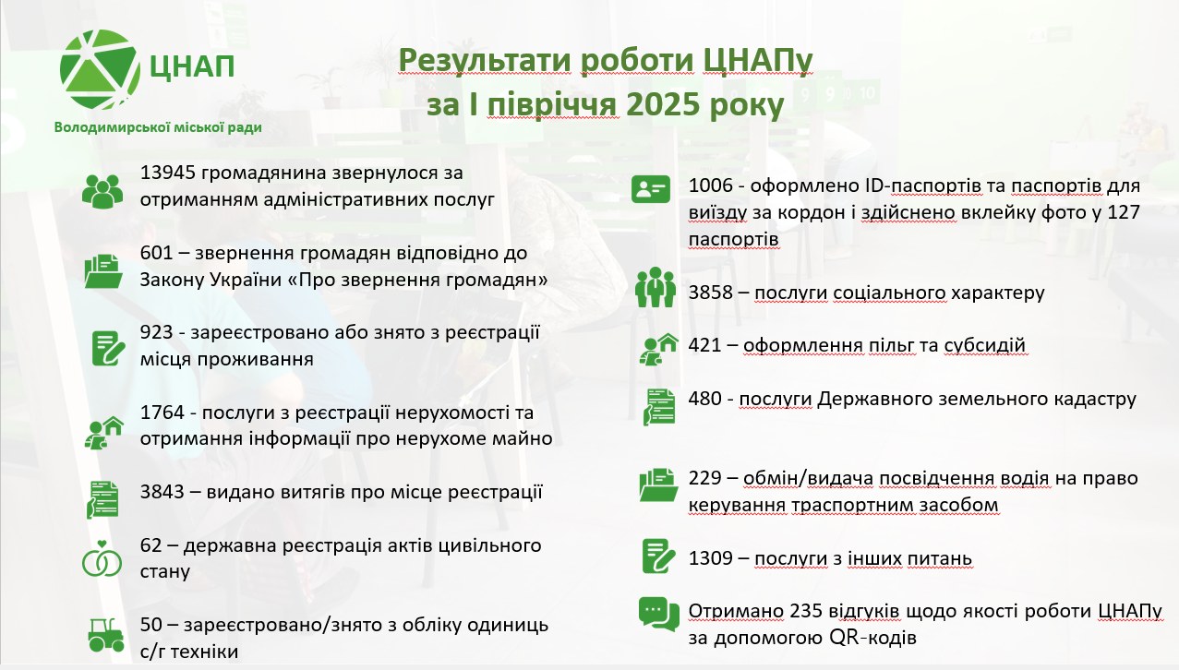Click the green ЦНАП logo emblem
point(100,69)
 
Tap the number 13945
point(168,173)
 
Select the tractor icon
point(106,635)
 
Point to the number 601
point(156,253)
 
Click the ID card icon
point(651,189)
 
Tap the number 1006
point(711,185)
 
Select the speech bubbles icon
point(659,614)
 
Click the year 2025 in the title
point(663,104)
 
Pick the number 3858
point(711,293)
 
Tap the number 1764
point(162,413)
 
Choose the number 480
point(704,399)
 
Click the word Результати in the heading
point(485,60)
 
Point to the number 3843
point(162,492)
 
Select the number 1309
point(711,558)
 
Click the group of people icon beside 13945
point(102,191)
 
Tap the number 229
point(704,478)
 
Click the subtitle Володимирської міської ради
point(158,127)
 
